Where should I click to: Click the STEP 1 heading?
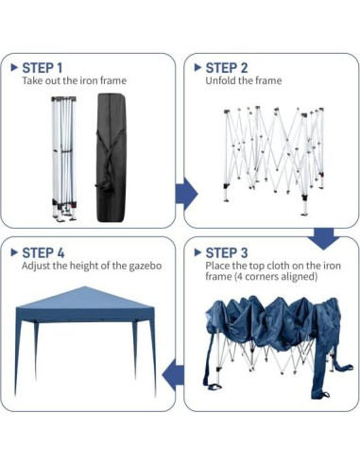43,67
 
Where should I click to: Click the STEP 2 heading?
227,67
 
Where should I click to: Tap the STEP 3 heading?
227,252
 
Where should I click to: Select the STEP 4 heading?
43,252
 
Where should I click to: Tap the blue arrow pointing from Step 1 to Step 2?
187,193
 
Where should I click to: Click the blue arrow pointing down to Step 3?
324,237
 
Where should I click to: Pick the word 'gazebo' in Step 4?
143,267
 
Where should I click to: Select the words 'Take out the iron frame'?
74,81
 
